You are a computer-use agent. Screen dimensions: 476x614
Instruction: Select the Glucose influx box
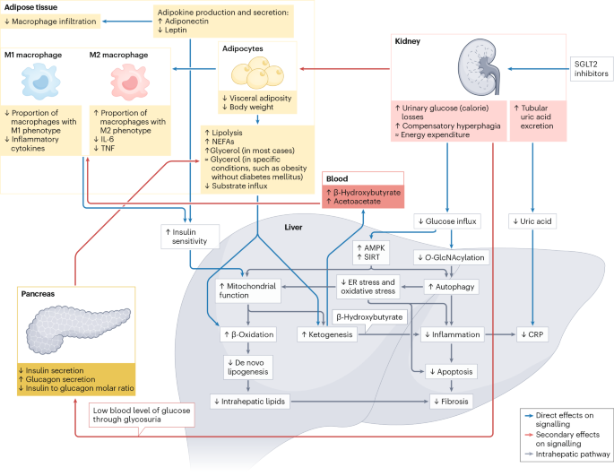[446, 221]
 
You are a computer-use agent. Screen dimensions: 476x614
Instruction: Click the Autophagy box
[453, 287]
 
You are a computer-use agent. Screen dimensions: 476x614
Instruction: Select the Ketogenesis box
[325, 334]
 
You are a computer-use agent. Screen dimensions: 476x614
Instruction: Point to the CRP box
[535, 334]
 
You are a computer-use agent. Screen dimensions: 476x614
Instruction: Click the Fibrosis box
[451, 401]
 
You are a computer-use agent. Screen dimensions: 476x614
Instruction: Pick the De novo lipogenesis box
[249, 367]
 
